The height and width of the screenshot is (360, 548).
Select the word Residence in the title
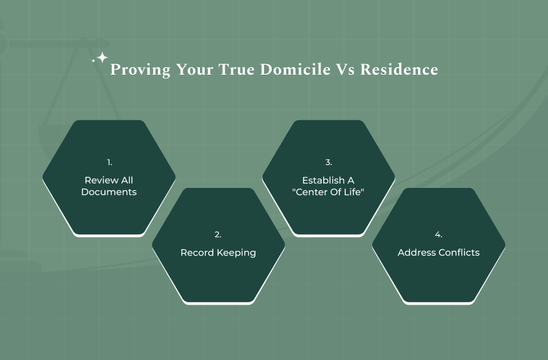tap(399, 70)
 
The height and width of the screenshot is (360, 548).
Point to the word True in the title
tap(237, 70)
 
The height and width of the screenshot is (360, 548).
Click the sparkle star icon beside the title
tap(101, 58)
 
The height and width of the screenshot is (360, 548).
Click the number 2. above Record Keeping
tap(218, 235)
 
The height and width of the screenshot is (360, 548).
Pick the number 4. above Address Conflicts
tap(438, 235)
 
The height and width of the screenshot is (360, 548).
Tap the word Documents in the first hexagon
tap(109, 192)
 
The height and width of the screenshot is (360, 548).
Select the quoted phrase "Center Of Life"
tap(328, 192)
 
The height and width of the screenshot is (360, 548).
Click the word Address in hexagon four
tap(415, 253)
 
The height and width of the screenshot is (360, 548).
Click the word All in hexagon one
tap(127, 180)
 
